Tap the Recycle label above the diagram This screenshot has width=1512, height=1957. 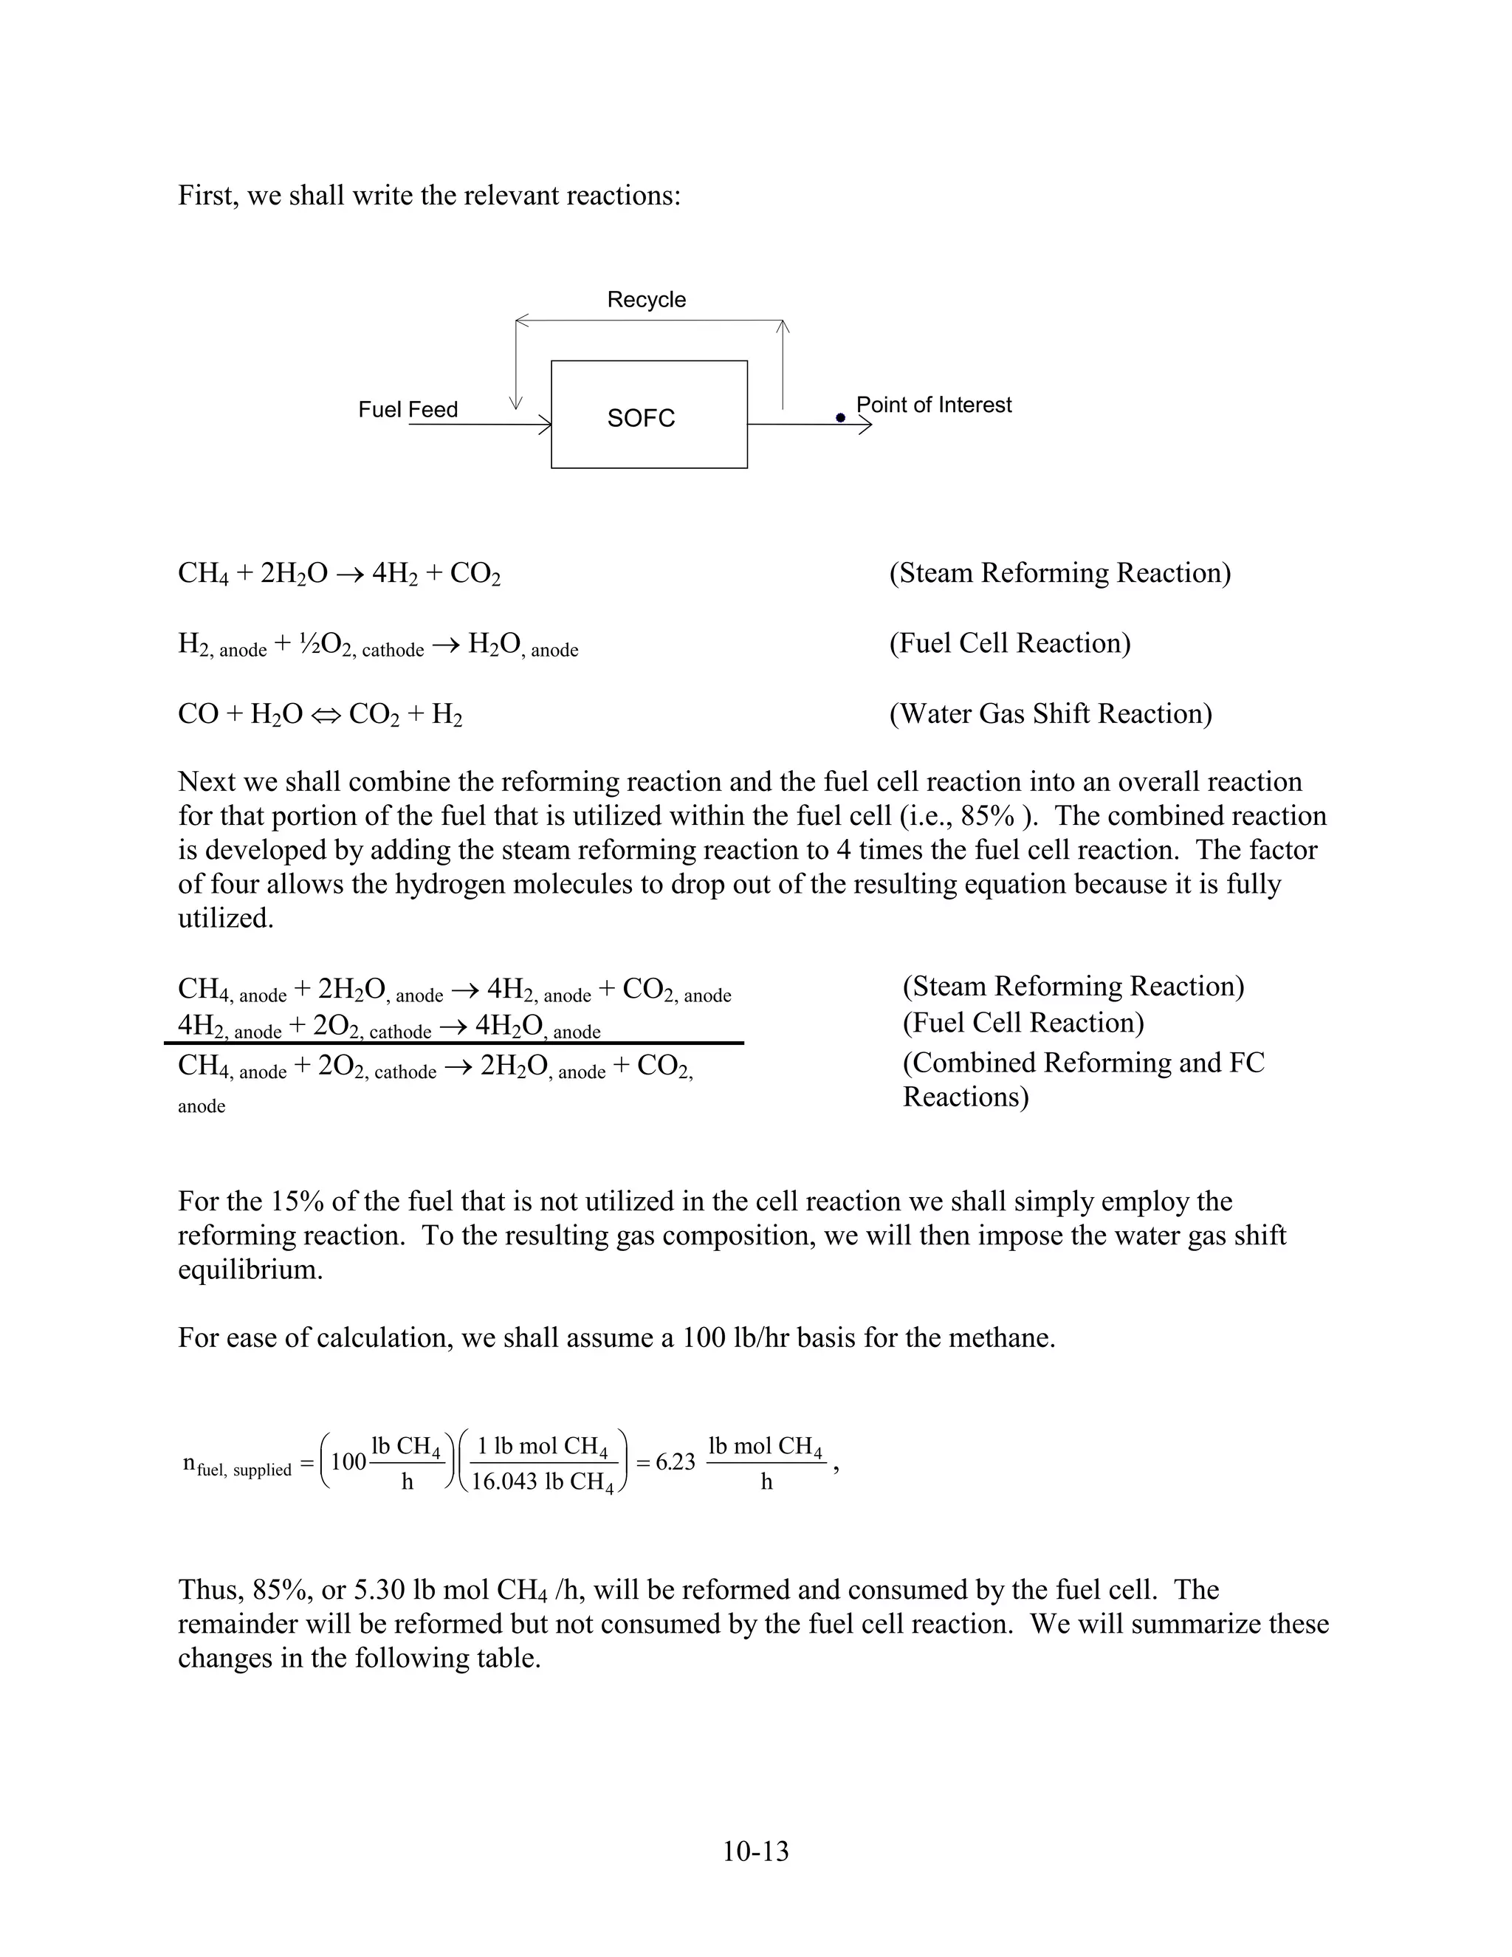click(x=646, y=299)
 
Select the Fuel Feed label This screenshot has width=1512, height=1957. click(x=408, y=410)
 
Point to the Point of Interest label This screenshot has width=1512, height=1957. click(x=933, y=405)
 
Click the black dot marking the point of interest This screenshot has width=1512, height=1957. click(x=840, y=417)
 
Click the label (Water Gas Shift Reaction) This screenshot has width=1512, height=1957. click(x=1050, y=713)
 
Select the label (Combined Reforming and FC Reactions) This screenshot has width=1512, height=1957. click(x=1083, y=1079)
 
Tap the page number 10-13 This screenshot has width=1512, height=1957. click(x=755, y=1851)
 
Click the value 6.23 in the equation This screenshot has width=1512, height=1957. click(x=675, y=1461)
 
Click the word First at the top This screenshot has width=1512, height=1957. click(x=206, y=196)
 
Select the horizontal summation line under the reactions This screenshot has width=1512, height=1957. click(x=453, y=1043)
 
